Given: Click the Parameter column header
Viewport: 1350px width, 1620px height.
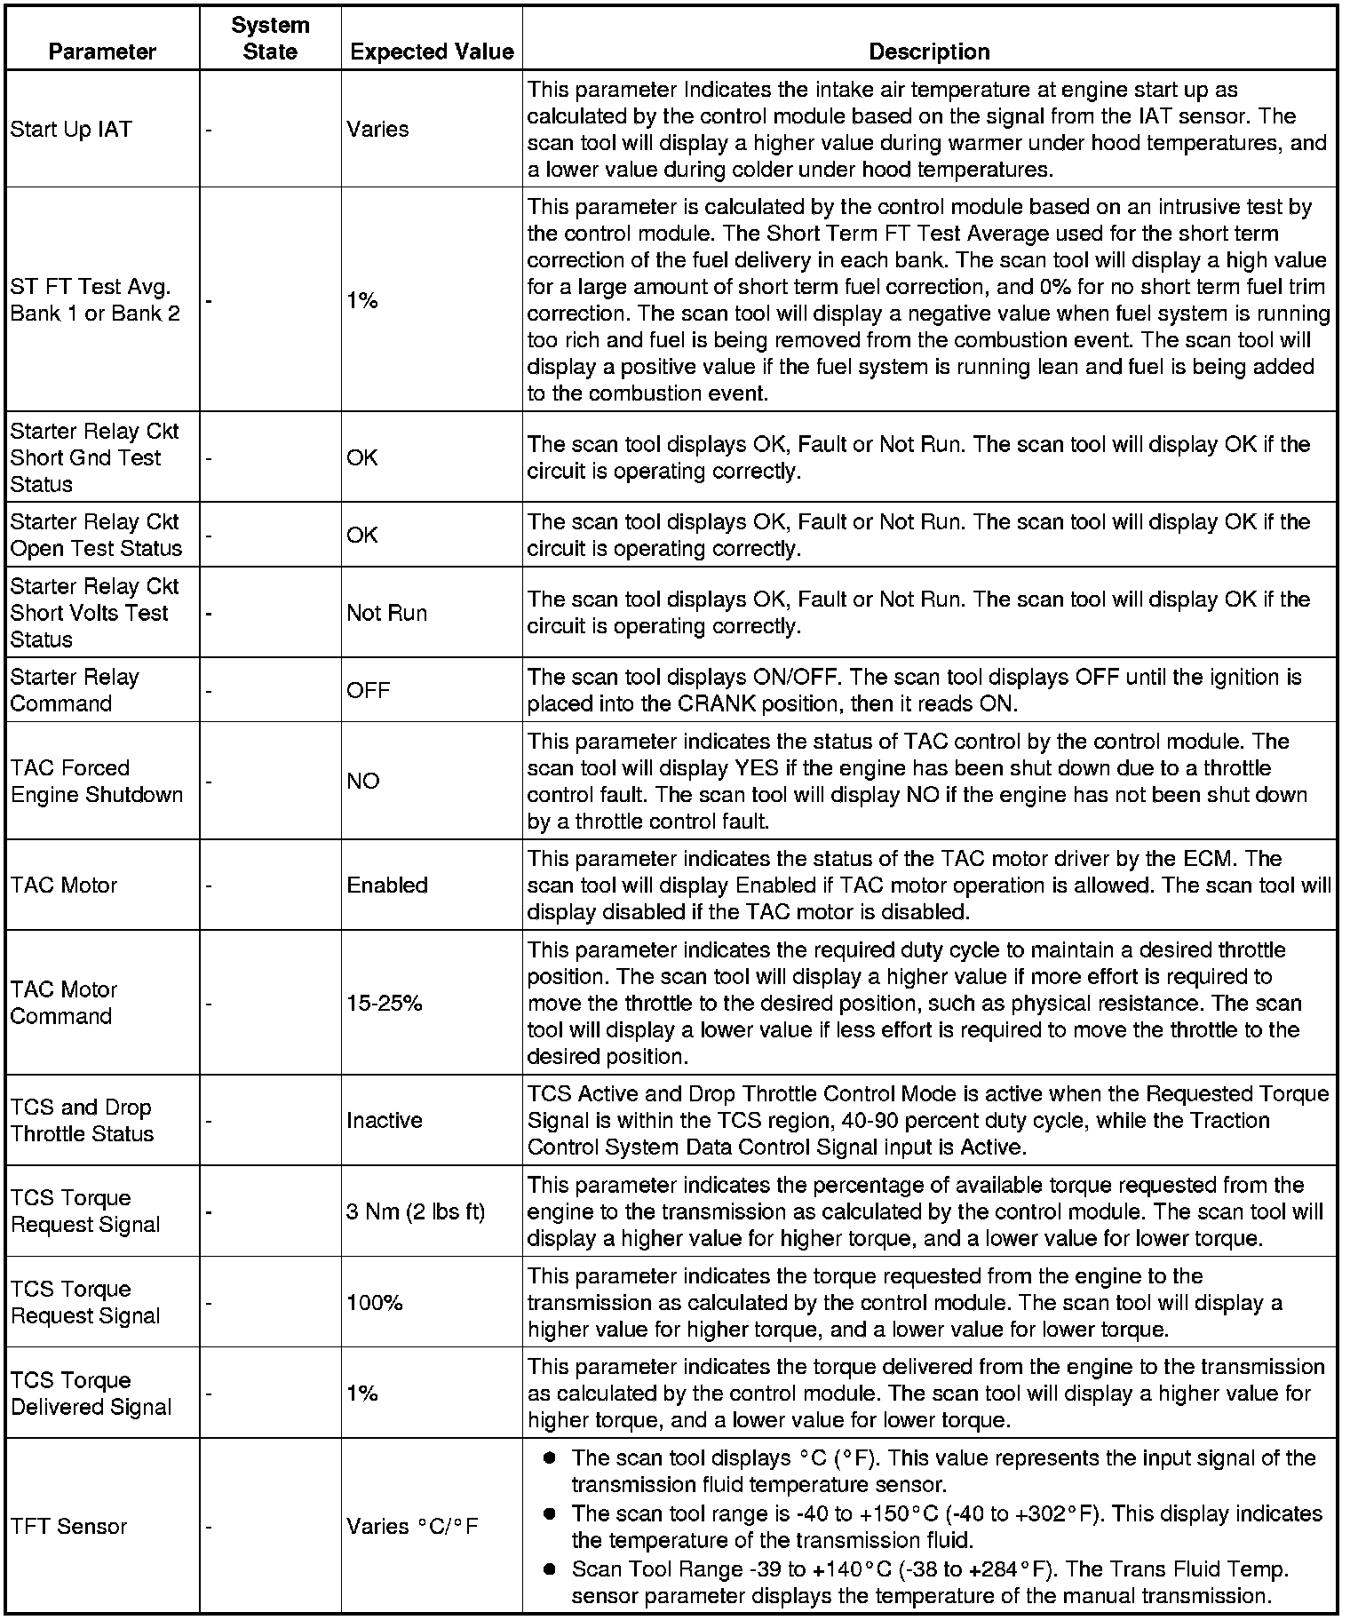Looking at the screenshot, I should click(x=102, y=52).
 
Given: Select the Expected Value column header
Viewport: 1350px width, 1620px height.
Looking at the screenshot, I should click(x=432, y=52).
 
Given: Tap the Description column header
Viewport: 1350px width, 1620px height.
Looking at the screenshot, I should click(x=929, y=52).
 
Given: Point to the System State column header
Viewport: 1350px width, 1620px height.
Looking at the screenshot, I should click(x=270, y=38).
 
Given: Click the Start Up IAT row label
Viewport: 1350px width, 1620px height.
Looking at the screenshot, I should click(x=70, y=130).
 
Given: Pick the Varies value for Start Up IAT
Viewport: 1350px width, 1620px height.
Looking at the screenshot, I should click(x=377, y=130).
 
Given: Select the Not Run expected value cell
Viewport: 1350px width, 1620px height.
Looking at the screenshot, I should click(x=386, y=613).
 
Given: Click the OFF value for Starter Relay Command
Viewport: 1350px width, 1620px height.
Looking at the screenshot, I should click(x=368, y=690).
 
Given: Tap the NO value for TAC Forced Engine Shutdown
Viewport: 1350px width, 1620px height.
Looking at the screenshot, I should click(x=362, y=781).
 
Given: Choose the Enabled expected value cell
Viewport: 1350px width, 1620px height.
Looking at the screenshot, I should click(x=387, y=885).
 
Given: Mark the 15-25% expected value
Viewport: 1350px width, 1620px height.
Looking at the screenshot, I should click(x=384, y=1003).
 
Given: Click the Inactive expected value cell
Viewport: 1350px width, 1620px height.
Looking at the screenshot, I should click(x=384, y=1120).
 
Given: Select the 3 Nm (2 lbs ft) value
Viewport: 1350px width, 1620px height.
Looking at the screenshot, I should click(x=416, y=1211).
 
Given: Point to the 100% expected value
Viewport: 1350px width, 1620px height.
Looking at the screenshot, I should click(x=374, y=1302).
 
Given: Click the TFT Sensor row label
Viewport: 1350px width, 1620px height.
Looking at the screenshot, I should click(x=68, y=1526).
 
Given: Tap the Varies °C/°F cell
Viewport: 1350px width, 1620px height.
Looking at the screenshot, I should click(x=412, y=1526).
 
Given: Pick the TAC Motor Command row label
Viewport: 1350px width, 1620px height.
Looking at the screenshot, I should click(x=64, y=1003).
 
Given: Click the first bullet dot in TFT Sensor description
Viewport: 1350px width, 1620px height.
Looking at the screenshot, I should click(x=550, y=1458).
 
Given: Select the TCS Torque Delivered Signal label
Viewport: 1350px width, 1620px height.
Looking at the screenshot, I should click(x=91, y=1394).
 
